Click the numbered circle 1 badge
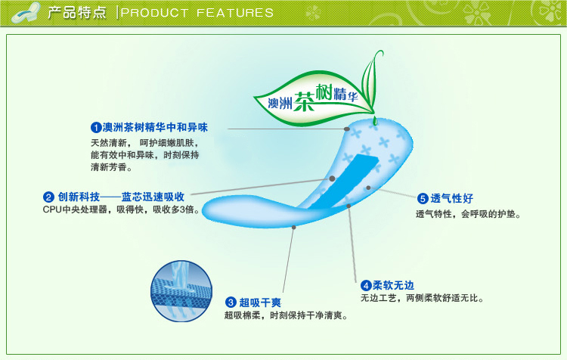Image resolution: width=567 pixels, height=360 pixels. [96, 127]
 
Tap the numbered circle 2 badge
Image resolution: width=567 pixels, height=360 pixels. [48, 197]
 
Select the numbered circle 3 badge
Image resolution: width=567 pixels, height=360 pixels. [231, 302]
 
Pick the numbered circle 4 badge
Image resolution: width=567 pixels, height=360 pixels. [366, 285]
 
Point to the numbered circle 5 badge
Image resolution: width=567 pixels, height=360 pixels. [423, 198]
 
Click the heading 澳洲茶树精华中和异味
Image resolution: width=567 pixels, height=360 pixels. [155, 127]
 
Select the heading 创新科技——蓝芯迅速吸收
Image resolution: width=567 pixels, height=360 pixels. [121, 197]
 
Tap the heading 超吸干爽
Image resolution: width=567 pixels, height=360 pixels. [260, 303]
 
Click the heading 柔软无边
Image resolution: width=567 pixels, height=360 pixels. [393, 285]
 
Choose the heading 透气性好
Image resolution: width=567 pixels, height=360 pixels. [451, 198]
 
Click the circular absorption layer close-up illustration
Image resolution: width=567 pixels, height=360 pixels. [181, 291]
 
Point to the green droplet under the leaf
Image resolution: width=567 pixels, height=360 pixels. [375, 120]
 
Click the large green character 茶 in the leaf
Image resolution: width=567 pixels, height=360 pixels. [305, 101]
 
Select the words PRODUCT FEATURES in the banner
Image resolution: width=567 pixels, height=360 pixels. [197, 13]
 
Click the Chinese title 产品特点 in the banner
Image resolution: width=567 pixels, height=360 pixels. [77, 13]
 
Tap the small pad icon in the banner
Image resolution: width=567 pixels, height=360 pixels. [25, 13]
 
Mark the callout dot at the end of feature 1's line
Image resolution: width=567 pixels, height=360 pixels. [347, 129]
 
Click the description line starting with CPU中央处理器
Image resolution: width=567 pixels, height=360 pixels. [121, 209]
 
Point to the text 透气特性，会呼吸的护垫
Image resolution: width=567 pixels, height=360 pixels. [468, 214]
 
